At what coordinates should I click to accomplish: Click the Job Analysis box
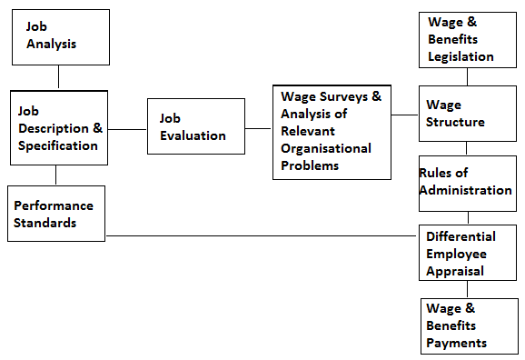pyautogui.click(x=59, y=36)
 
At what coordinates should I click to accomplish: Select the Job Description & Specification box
pyautogui.click(x=59, y=127)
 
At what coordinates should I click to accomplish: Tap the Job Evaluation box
pyautogui.click(x=195, y=126)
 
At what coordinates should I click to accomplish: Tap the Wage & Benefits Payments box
pyautogui.click(x=470, y=325)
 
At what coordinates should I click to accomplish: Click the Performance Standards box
pyautogui.click(x=56, y=215)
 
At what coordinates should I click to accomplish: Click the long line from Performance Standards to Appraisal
pyautogui.click(x=263, y=235)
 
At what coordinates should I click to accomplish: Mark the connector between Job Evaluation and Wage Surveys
pyautogui.click(x=259, y=128)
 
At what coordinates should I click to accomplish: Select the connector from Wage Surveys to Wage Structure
pyautogui.click(x=405, y=115)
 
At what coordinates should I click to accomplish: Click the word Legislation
pyautogui.click(x=461, y=56)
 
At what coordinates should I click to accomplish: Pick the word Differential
pyautogui.click(x=461, y=237)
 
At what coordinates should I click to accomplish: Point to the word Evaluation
pyautogui.click(x=193, y=135)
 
